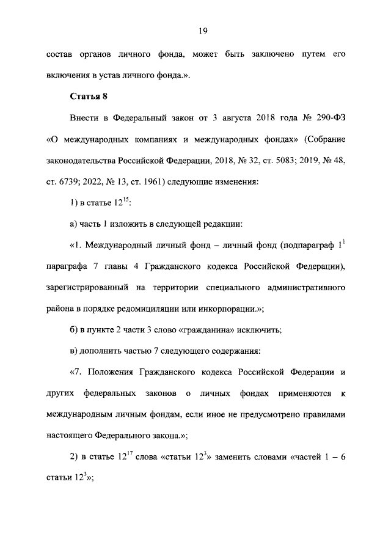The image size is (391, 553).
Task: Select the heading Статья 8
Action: click(x=89, y=97)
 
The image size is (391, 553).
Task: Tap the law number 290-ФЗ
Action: click(x=327, y=118)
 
